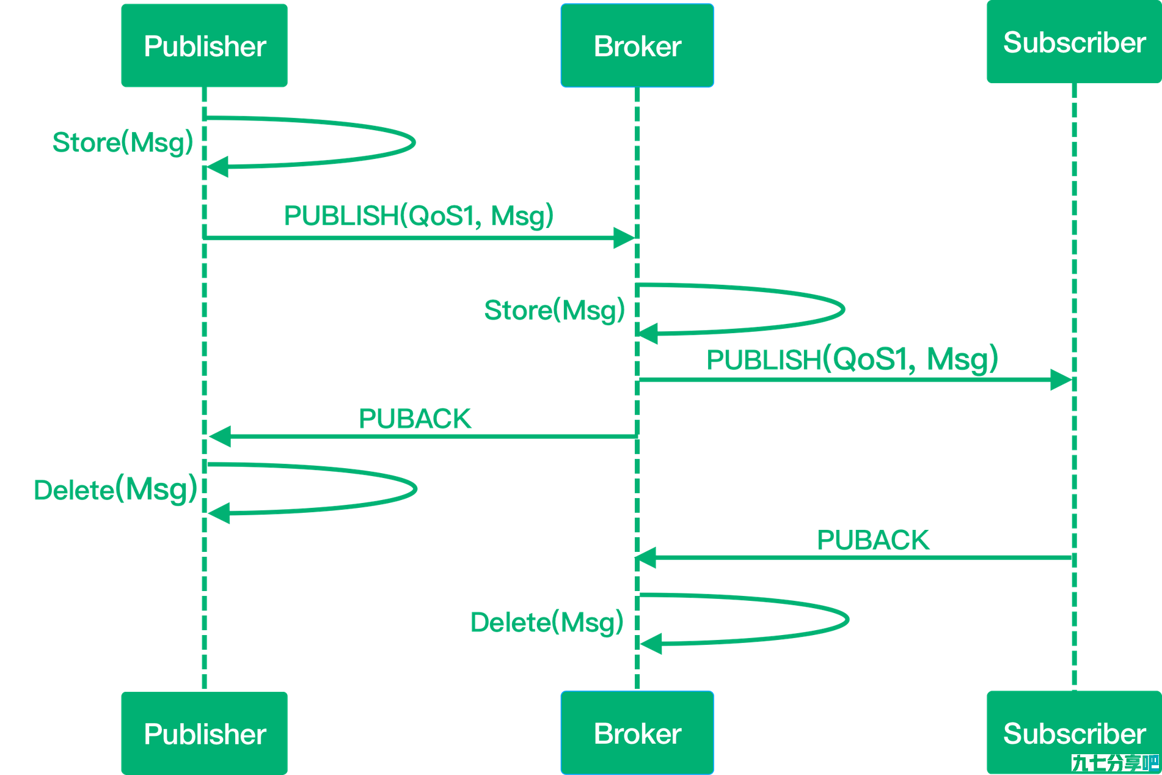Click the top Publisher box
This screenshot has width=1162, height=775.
click(204, 45)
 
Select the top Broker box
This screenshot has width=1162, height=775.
click(637, 45)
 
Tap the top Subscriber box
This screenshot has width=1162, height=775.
click(1074, 42)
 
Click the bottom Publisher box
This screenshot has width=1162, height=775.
click(204, 733)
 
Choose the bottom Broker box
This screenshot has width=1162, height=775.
click(637, 733)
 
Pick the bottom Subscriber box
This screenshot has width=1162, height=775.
click(1074, 733)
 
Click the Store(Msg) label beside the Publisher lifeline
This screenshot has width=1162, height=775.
click(123, 143)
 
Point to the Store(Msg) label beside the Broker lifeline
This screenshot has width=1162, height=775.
click(555, 310)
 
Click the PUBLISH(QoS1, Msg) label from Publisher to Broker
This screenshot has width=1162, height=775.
click(419, 216)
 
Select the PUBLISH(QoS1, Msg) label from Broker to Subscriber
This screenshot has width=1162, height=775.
click(852, 359)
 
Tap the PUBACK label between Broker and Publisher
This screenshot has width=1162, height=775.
click(415, 419)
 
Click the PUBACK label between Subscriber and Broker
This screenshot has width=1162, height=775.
click(873, 540)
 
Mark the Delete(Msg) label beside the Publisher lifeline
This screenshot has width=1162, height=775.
click(115, 490)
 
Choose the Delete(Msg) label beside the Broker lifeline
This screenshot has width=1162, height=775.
click(547, 623)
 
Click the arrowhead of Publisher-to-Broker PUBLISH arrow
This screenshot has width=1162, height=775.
click(624, 238)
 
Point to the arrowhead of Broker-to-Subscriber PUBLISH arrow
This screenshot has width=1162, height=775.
click(1061, 380)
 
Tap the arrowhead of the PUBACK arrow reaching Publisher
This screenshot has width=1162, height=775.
click(220, 436)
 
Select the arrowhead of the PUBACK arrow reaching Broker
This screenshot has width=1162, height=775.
click(645, 557)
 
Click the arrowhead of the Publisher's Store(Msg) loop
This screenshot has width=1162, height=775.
click(217, 166)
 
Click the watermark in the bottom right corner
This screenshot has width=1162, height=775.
click(1116, 763)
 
